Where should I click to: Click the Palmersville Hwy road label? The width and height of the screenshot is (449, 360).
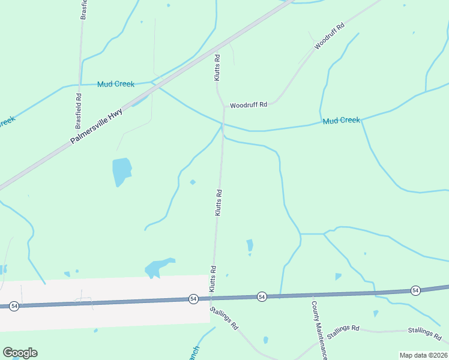[x=96, y=125]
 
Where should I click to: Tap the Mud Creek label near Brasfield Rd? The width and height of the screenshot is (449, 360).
[x=116, y=84]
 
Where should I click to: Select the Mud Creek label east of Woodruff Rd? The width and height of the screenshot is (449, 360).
[x=341, y=121]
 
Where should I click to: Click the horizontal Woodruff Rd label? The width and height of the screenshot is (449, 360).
[x=248, y=104]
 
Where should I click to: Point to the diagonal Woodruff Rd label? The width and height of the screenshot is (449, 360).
[x=330, y=37]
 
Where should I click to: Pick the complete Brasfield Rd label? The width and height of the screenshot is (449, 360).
[x=78, y=111]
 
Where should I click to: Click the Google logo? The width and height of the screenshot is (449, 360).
[x=20, y=353]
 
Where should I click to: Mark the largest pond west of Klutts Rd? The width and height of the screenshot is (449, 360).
[x=121, y=171]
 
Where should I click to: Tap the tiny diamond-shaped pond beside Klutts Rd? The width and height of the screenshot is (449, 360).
[x=193, y=182]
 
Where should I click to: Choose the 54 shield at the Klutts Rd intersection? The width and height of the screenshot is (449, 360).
[x=193, y=298]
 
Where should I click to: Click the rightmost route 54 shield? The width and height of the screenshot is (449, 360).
[x=415, y=290]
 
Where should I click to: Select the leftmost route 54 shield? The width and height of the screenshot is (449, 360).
[x=14, y=306]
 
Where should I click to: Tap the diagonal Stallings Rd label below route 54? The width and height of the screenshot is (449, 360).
[x=224, y=319]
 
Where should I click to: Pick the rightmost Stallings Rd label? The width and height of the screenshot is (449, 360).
[x=424, y=331]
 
